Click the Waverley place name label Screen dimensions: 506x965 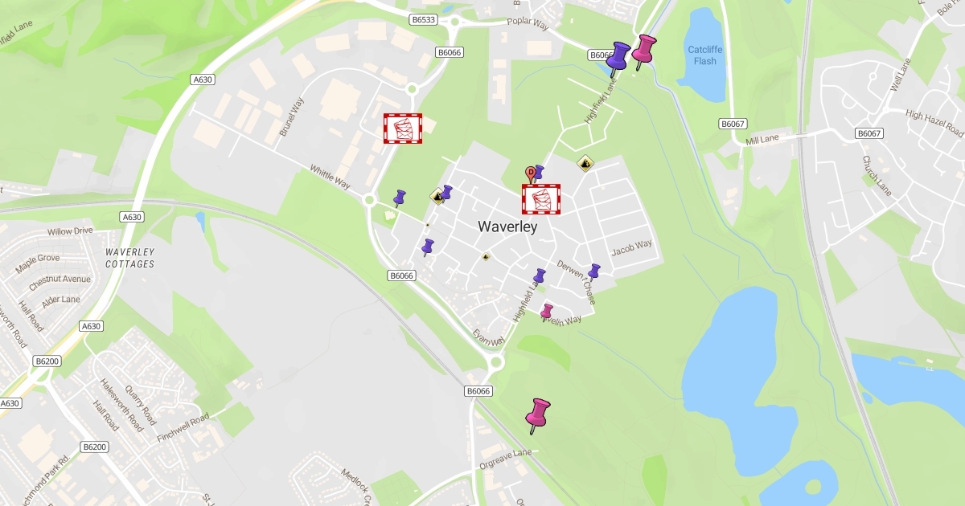click(507, 227)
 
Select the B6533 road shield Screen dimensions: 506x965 click(423, 18)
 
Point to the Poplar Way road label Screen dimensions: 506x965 click(528, 25)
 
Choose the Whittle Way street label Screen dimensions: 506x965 click(330, 178)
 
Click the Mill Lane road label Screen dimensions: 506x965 click(762, 141)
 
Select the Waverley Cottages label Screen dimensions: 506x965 click(129, 257)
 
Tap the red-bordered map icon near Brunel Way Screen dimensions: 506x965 click(403, 129)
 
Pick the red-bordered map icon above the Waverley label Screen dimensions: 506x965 click(541, 199)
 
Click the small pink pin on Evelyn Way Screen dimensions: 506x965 click(547, 312)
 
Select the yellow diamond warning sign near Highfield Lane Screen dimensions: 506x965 click(585, 164)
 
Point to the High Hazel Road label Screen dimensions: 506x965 click(934, 123)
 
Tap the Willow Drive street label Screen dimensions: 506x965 click(70, 231)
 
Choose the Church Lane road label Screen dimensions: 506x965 click(877, 176)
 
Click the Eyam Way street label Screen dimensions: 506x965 click(488, 338)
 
